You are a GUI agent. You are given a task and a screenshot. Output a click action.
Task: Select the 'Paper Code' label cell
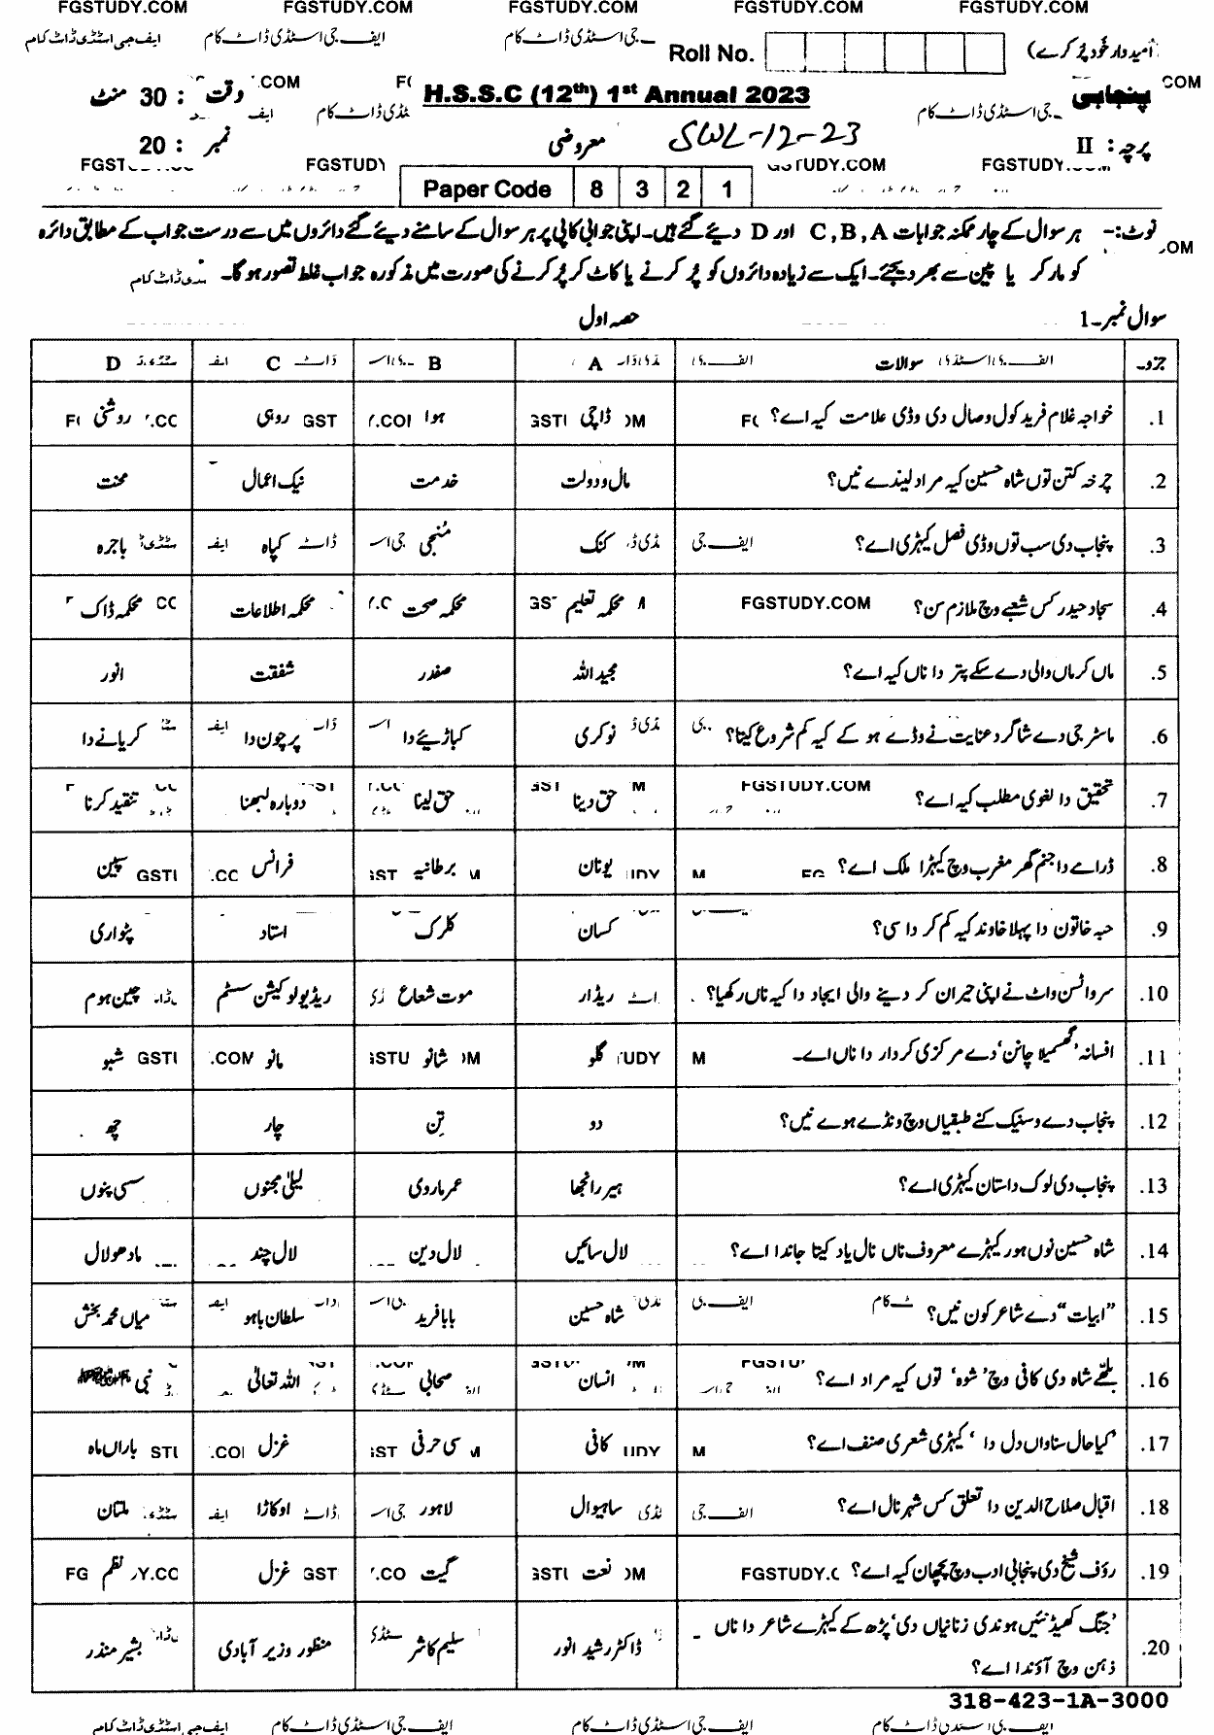coord(487,189)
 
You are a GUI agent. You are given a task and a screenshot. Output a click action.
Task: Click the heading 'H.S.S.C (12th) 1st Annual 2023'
coord(618,95)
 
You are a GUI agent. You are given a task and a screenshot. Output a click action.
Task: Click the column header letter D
coord(114,363)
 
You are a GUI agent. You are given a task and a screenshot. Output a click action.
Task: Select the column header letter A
coord(595,363)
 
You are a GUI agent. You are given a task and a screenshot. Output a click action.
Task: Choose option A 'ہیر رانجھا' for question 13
coord(597,1186)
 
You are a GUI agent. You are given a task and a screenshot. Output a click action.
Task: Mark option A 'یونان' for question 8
coord(598,864)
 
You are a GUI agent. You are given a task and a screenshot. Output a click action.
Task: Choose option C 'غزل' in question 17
coord(274,1444)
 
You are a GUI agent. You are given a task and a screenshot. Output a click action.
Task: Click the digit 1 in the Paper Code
coord(727,189)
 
